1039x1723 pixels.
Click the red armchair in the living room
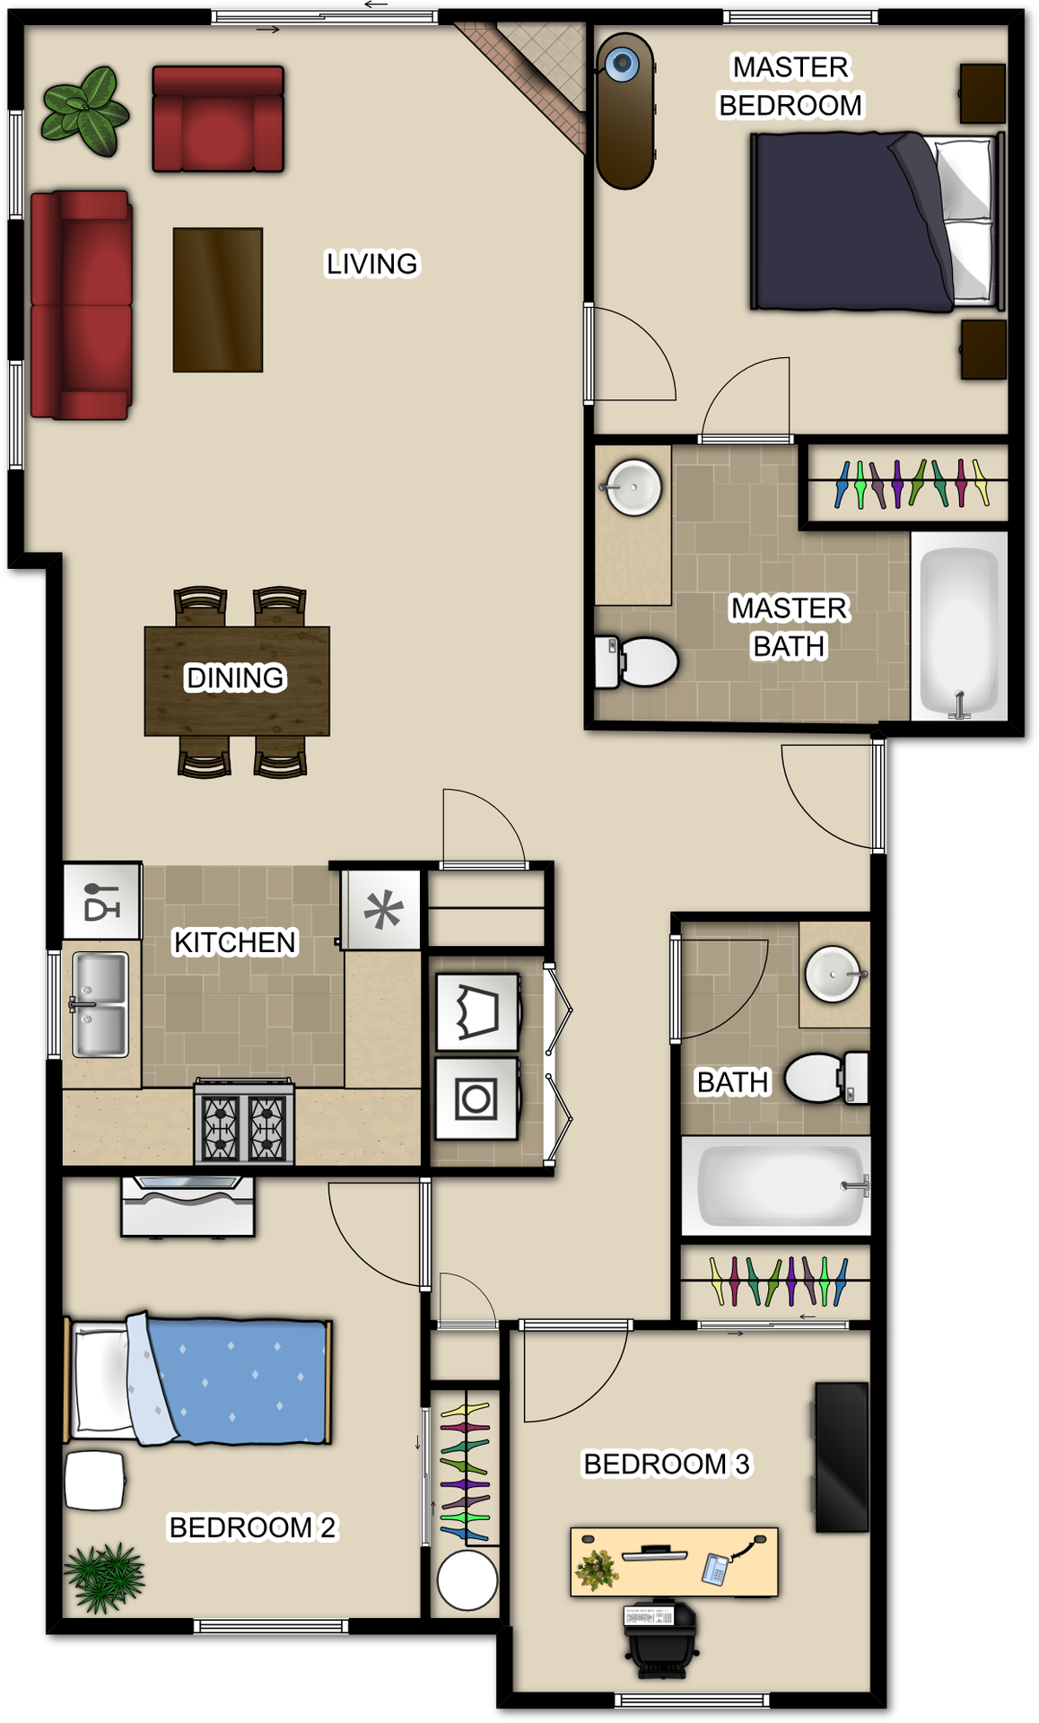click(218, 119)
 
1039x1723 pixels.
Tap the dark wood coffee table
click(218, 300)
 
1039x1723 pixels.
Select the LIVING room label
click(371, 264)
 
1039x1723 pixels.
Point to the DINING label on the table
click(235, 678)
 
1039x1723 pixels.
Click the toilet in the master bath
click(639, 662)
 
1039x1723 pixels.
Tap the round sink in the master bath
click(633, 487)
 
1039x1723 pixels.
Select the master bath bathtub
click(959, 626)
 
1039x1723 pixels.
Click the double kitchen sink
click(100, 1004)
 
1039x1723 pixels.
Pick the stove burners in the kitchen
click(244, 1127)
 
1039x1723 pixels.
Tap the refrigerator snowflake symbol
click(383, 911)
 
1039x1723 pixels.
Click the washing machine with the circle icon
click(476, 1098)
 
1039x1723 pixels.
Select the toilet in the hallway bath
click(821, 1078)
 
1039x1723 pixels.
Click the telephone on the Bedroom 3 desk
click(715, 1568)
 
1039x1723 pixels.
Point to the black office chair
click(660, 1639)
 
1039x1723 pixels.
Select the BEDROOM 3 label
click(666, 1464)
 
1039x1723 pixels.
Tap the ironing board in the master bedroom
click(624, 112)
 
